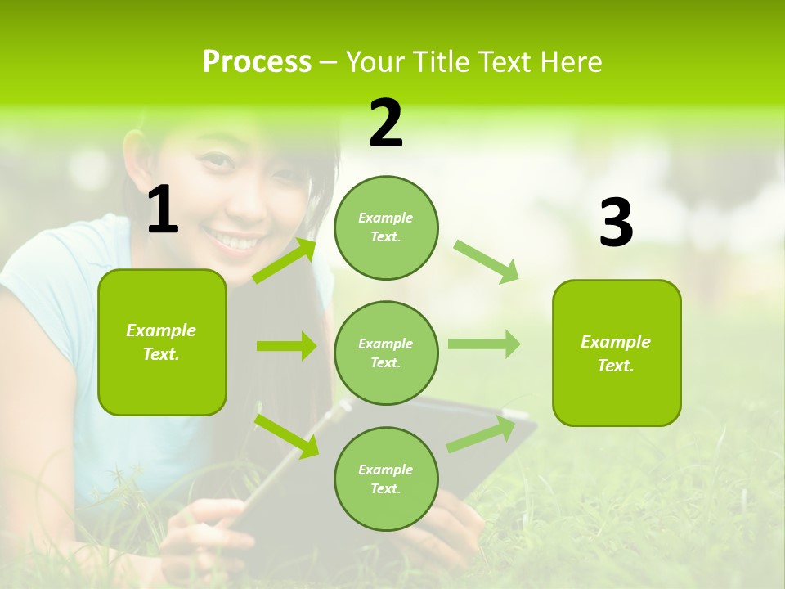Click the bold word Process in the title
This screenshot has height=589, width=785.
tap(257, 61)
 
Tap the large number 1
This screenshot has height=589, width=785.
tap(163, 210)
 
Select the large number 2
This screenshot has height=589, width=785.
tap(386, 124)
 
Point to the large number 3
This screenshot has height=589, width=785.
tap(616, 223)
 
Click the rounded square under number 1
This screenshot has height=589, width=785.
tap(162, 342)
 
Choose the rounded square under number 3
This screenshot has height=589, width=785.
tap(617, 353)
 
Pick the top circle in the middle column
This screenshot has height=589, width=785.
tap(386, 227)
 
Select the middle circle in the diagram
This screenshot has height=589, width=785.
tap(386, 353)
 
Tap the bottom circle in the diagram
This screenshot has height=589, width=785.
tap(386, 479)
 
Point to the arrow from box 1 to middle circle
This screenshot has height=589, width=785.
tap(286, 346)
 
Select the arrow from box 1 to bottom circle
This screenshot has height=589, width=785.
tap(286, 435)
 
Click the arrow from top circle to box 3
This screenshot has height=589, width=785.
tap(487, 261)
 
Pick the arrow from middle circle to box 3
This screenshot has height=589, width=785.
tap(484, 344)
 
